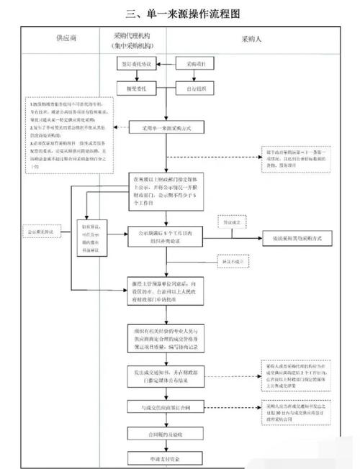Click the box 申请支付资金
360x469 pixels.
coord(165,457)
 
